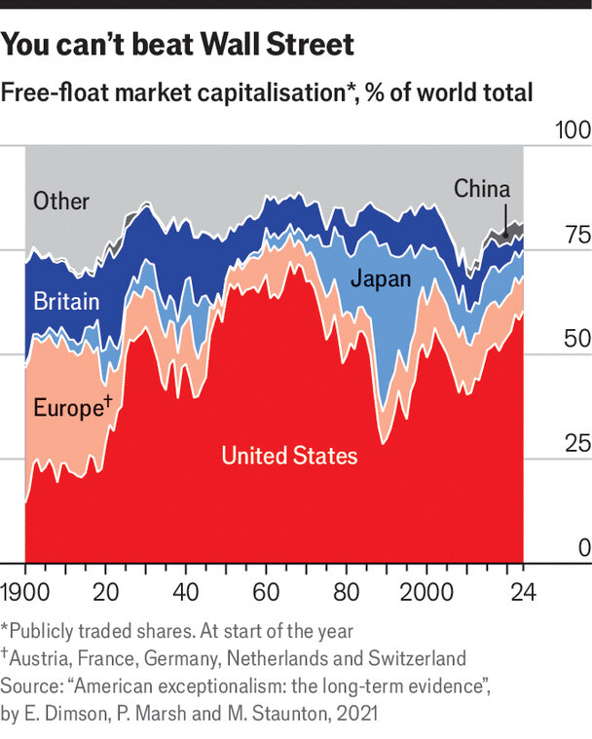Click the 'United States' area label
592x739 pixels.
click(289, 456)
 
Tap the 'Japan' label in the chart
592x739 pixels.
click(381, 279)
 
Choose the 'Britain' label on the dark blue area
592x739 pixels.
click(66, 302)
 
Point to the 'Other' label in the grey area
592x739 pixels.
click(61, 202)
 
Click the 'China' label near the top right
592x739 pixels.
click(482, 188)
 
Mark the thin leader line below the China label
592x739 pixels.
click(505, 216)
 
